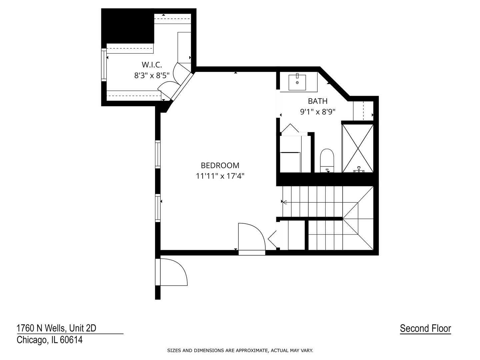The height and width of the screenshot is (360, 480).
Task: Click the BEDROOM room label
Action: [x=220, y=165]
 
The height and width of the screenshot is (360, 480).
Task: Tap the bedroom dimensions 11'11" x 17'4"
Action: [x=220, y=176]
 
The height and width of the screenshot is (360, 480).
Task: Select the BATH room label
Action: [x=318, y=101]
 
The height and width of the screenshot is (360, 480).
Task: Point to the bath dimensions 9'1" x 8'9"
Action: [x=318, y=112]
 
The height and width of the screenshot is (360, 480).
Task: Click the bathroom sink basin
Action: [x=297, y=82]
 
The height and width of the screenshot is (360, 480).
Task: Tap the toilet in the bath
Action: [x=327, y=159]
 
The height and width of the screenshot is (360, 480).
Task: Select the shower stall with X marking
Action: [x=358, y=148]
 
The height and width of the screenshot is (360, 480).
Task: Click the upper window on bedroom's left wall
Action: [x=158, y=154]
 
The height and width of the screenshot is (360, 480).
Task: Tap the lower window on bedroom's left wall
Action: [x=158, y=208]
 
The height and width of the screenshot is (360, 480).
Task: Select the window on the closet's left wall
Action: [x=104, y=65]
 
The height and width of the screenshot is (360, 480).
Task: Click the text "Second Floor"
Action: [x=425, y=328]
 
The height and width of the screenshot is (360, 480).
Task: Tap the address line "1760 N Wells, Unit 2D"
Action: [x=56, y=328]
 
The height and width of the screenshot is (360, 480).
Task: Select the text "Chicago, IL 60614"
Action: [x=50, y=340]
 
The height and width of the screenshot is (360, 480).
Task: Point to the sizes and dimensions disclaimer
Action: [x=240, y=350]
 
